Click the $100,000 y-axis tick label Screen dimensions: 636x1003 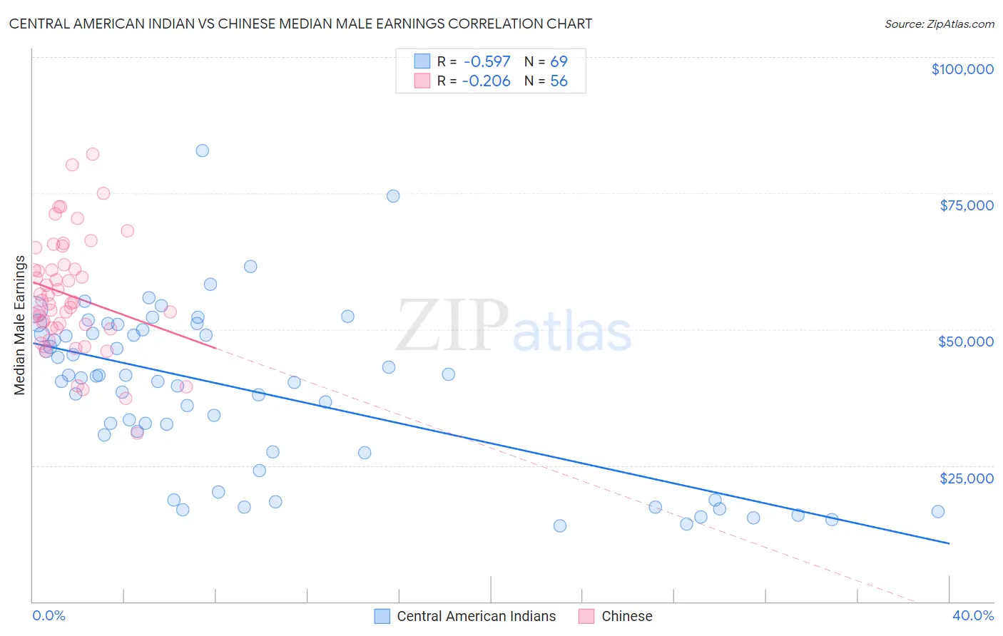962,69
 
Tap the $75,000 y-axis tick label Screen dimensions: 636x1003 966,205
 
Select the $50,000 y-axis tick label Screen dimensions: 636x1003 966,342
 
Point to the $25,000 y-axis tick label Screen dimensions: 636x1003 966,478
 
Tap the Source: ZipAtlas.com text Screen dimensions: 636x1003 939,24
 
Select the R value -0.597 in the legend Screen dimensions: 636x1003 487,62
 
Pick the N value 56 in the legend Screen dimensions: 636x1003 559,81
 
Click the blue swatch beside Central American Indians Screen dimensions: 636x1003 382,616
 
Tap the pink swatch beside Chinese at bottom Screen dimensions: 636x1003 586,616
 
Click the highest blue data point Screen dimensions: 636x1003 203,150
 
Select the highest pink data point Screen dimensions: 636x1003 93,154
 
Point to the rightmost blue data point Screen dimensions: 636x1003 938,511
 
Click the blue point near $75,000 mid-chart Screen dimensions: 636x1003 393,196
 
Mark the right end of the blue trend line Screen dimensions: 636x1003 949,543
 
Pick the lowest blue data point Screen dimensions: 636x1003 560,525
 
